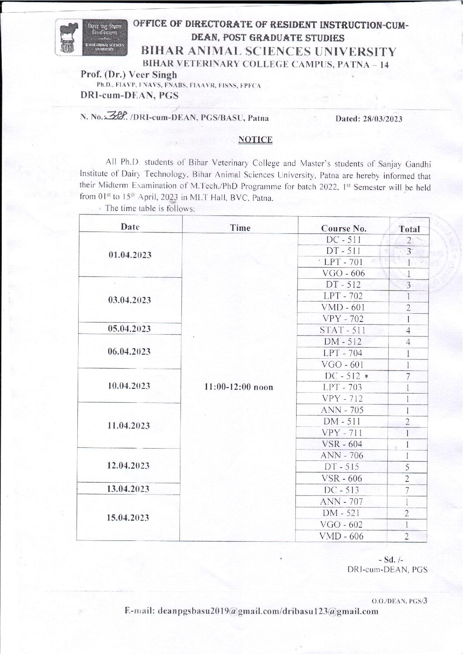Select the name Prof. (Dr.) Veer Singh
click(x=129, y=75)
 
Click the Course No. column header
click(x=343, y=228)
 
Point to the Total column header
click(x=409, y=228)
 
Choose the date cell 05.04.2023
click(x=130, y=329)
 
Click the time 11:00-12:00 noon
click(x=239, y=387)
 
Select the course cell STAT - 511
click(x=343, y=330)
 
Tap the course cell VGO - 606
click(x=343, y=273)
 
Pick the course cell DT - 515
click(x=343, y=467)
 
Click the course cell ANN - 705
click(x=343, y=410)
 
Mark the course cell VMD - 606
click(x=343, y=536)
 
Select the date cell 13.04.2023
click(x=130, y=488)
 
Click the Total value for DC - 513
click(x=407, y=490)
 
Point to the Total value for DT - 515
click(x=407, y=467)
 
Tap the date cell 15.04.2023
click(x=130, y=518)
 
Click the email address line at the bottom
click(x=252, y=611)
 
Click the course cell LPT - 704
click(x=343, y=353)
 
